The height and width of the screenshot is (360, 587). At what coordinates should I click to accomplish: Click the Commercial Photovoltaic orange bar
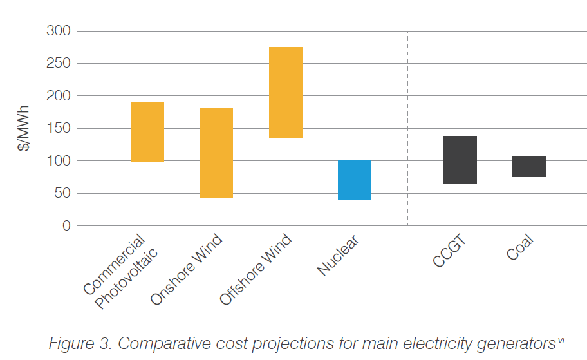pos(147,132)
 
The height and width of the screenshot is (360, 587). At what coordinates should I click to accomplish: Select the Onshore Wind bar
pos(216,153)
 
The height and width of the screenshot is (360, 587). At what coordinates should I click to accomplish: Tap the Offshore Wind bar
pos(286,92)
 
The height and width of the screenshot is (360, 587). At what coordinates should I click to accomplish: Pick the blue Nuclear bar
pos(355,180)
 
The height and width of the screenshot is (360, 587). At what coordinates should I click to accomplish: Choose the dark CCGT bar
pos(460,160)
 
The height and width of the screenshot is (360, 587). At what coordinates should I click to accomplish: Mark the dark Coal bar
pos(529,166)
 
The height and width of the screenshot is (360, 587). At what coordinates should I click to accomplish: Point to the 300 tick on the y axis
pos(59,31)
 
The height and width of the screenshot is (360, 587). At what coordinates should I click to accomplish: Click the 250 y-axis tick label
pos(59,63)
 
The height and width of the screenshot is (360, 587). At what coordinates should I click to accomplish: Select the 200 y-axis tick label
pos(59,96)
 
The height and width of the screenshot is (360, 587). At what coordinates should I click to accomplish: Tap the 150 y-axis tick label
pos(59,128)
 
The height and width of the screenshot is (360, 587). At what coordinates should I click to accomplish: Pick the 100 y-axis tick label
pos(59,160)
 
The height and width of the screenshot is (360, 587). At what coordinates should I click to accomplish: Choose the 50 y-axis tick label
pos(62,193)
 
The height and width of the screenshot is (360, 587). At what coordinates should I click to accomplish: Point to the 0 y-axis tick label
pos(66,225)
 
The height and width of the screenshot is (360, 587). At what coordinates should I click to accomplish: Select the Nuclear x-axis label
pos(339,256)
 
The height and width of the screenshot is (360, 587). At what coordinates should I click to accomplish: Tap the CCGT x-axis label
pos(449,252)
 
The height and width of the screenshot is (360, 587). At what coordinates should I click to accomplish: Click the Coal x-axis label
pos(521,248)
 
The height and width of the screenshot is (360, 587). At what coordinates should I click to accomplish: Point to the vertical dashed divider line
pos(408,129)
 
